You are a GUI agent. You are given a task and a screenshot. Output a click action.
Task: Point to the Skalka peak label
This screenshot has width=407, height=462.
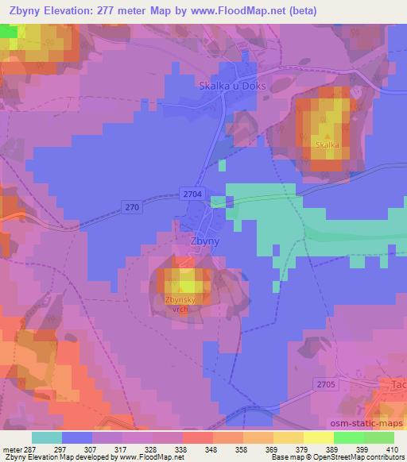(327, 145)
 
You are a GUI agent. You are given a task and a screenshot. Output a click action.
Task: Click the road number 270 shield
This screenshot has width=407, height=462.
(132, 206)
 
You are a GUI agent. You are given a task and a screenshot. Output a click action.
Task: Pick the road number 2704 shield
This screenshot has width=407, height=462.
(192, 193)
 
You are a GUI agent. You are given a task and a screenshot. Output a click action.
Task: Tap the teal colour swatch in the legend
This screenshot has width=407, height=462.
(48, 437)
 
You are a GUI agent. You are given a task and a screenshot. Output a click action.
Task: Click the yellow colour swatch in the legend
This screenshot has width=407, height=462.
(318, 437)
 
